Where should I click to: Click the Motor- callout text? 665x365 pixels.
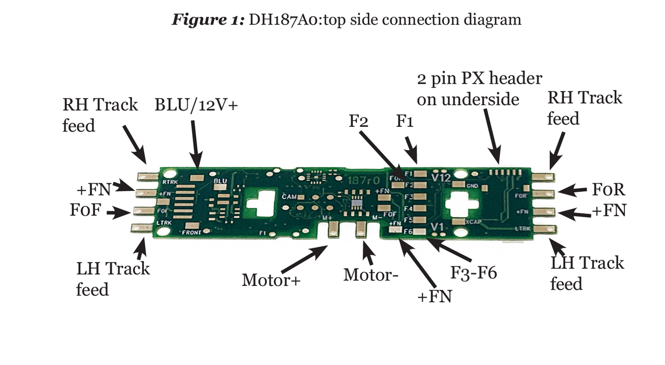[370, 275]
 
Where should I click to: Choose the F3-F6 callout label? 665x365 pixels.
[473, 272]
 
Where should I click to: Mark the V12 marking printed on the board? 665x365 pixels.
[441, 177]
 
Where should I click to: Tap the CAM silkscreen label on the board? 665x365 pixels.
[289, 197]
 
